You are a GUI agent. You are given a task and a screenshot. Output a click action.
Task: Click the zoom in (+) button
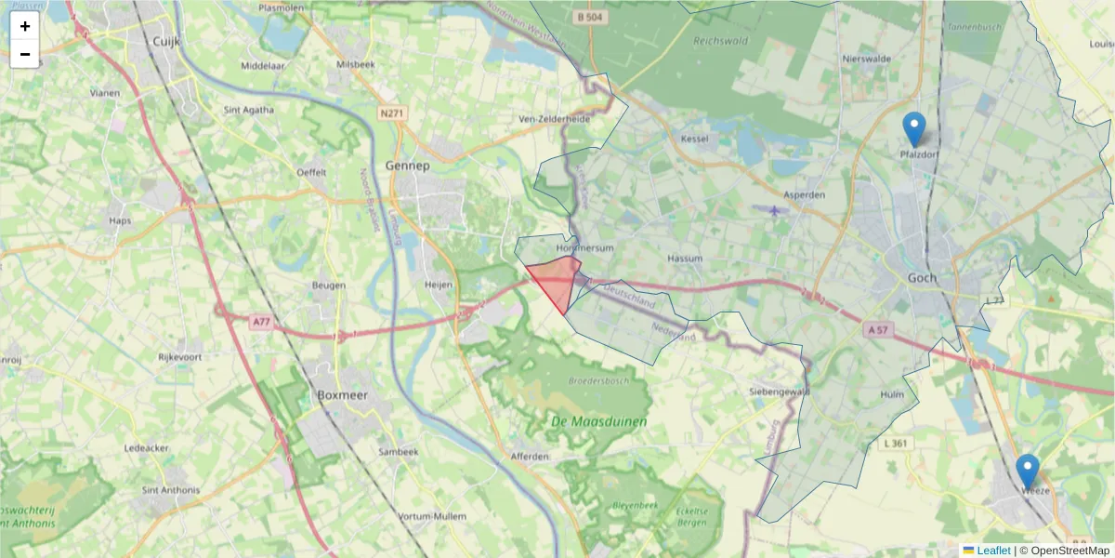24,26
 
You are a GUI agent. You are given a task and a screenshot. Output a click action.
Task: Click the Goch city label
923,278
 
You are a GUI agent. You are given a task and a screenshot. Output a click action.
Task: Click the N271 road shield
392,113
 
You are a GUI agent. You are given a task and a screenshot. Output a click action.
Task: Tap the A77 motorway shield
263,322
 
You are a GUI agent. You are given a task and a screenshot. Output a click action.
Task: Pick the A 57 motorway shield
877,329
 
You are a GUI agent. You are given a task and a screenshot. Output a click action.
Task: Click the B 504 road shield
589,17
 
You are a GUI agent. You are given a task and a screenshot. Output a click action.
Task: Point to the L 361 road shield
896,444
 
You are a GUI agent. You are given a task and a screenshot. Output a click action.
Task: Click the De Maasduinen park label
585,422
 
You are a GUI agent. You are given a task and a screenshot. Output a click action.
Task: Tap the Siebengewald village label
780,392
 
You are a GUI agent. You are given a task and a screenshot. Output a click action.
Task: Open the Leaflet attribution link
992,551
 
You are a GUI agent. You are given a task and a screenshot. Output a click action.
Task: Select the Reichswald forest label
719,41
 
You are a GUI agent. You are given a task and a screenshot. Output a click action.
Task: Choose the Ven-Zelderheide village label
554,120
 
